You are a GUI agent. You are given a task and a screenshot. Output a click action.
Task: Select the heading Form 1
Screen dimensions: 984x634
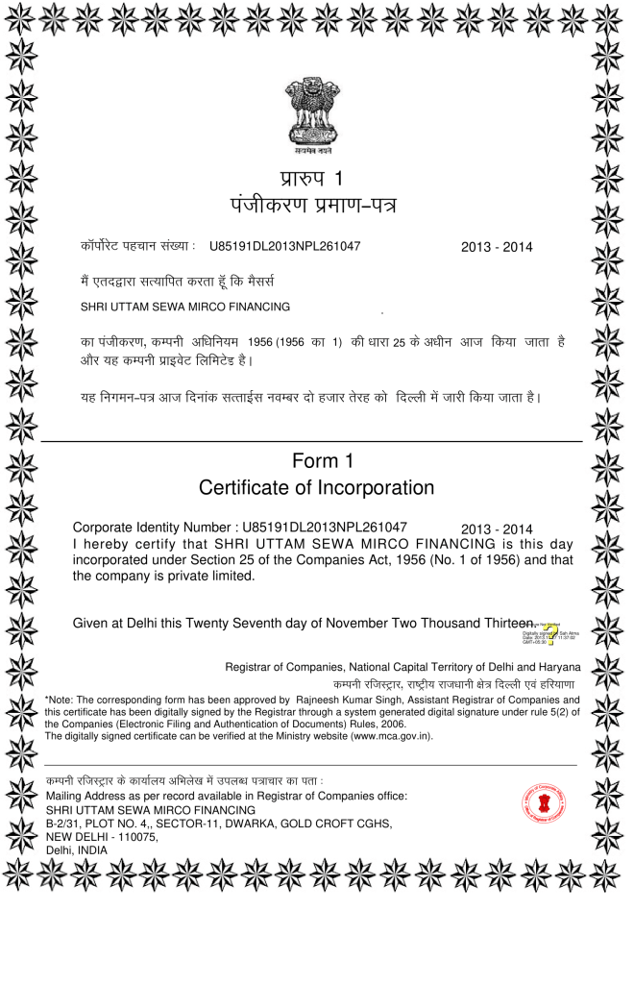(316, 461)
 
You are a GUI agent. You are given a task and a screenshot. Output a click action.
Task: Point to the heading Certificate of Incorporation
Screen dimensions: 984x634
(316, 488)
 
